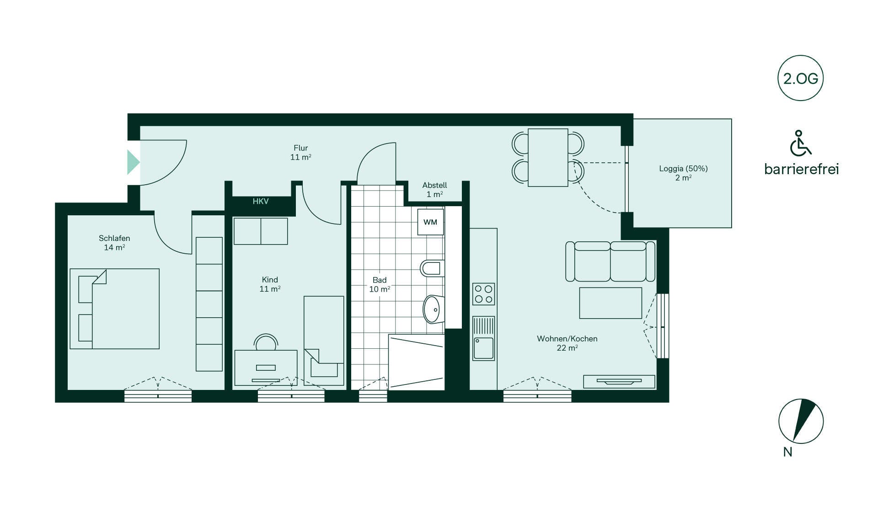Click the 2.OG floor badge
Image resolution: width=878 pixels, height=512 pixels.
pyautogui.click(x=800, y=78)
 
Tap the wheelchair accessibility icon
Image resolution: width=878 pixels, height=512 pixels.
pyautogui.click(x=800, y=143)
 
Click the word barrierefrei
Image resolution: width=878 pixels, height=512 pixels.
pyautogui.click(x=801, y=169)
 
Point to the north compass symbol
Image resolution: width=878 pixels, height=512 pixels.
pyautogui.click(x=801, y=421)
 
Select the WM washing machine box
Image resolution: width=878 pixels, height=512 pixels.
pyautogui.click(x=430, y=222)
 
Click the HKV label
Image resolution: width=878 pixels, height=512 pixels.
pyautogui.click(x=261, y=202)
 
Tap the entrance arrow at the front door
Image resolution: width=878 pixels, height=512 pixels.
pyautogui.click(x=133, y=162)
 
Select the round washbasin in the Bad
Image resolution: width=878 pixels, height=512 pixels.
pyautogui.click(x=433, y=309)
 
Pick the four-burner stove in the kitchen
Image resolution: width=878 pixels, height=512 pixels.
pyautogui.click(x=484, y=294)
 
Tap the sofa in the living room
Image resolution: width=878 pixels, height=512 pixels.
pyautogui.click(x=610, y=261)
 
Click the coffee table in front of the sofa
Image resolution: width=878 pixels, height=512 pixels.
pyautogui.click(x=610, y=303)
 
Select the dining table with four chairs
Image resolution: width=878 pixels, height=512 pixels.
pyautogui.click(x=548, y=157)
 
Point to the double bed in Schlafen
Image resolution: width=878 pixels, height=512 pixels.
pyautogui.click(x=115, y=309)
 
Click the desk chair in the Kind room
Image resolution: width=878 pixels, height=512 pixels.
pyautogui.click(x=266, y=342)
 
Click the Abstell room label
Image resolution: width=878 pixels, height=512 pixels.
pyautogui.click(x=434, y=190)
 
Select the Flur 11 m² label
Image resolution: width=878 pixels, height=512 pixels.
pyautogui.click(x=301, y=153)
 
